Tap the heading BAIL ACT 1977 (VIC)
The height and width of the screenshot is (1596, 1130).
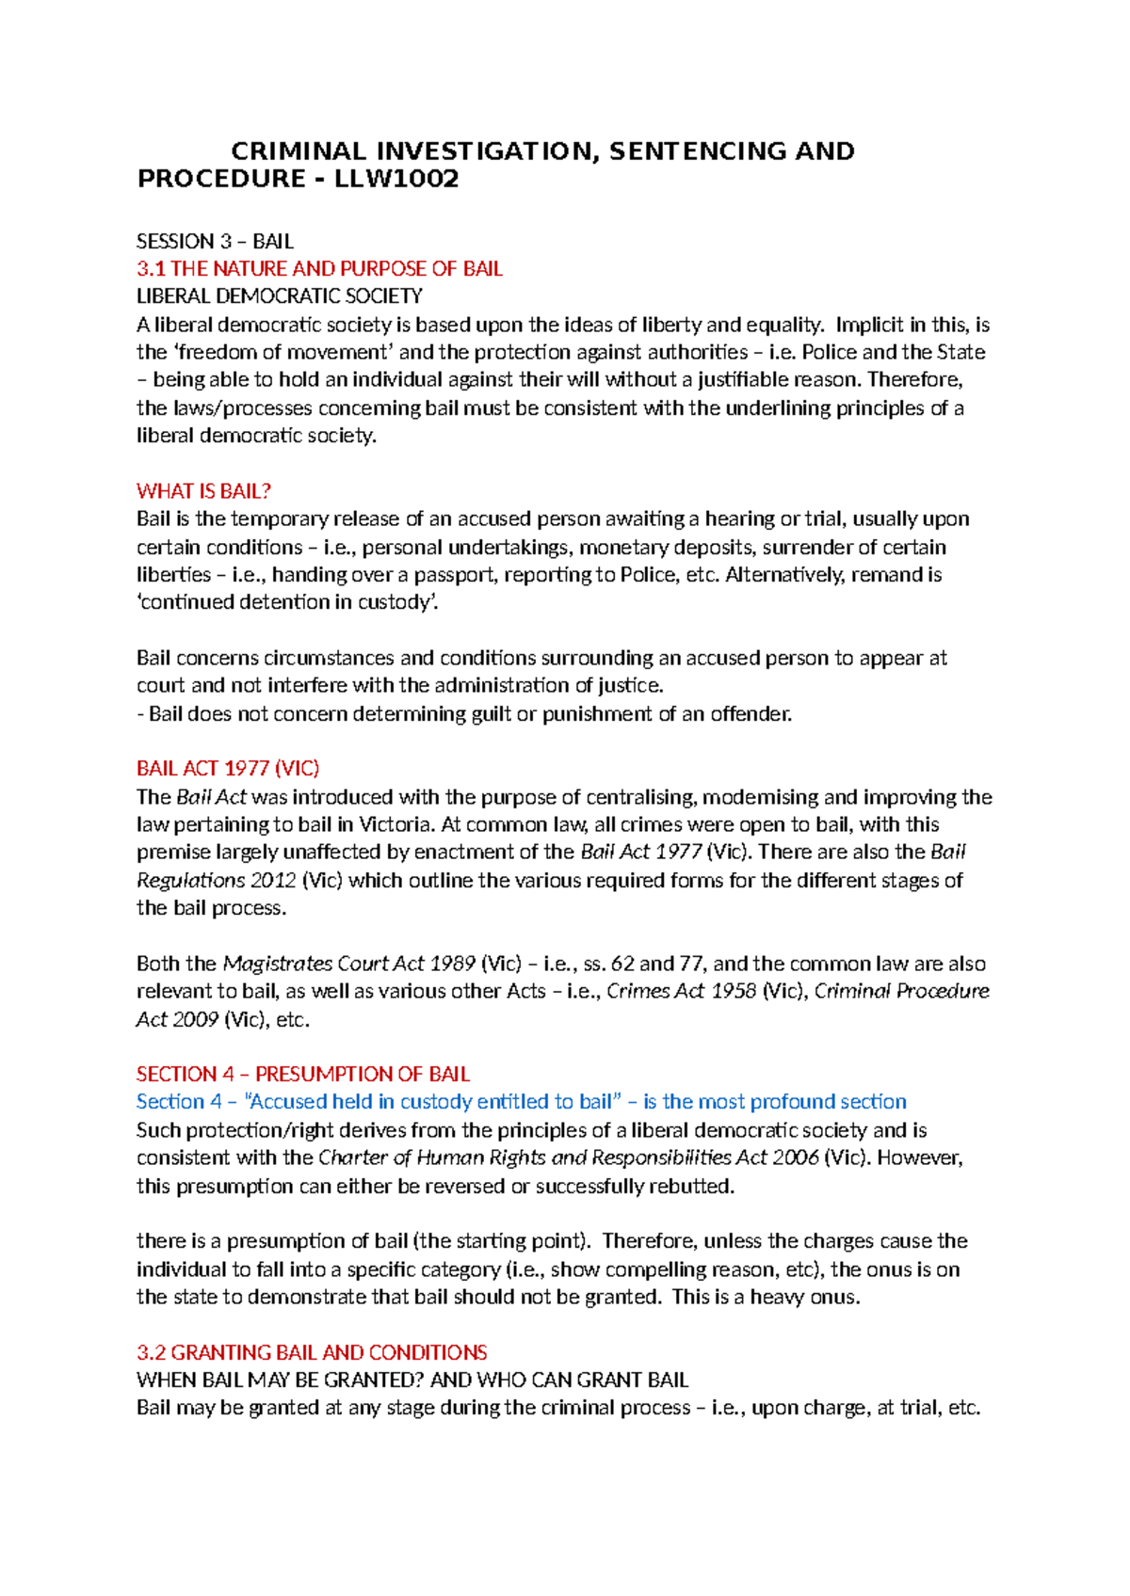click(228, 769)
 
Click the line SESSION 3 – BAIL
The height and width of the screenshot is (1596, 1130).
click(215, 241)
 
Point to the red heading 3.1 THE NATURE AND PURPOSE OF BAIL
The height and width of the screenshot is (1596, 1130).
click(319, 269)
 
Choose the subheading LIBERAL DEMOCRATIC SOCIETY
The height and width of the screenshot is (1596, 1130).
click(279, 296)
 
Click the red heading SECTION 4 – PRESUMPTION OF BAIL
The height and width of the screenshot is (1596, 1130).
click(302, 1075)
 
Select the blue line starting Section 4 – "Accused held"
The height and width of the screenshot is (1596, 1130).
click(521, 1102)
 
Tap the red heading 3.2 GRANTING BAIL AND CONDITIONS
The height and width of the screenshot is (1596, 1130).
click(312, 1353)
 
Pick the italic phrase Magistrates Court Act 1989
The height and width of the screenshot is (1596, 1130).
click(348, 964)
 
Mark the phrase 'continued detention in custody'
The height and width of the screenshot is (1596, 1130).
click(287, 602)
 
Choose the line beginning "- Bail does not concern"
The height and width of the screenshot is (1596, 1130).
click(464, 713)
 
